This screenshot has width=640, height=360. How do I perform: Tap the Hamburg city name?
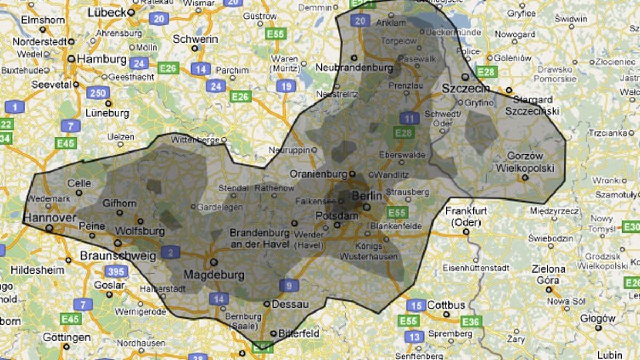[101, 59]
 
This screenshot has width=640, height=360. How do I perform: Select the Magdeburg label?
[213, 275]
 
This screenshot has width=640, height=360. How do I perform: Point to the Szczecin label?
[466, 88]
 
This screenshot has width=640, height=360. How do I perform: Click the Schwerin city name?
[195, 39]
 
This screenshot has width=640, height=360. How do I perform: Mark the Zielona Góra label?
[548, 274]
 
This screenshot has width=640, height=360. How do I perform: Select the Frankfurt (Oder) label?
[467, 216]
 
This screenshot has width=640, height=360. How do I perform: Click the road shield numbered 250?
[99, 93]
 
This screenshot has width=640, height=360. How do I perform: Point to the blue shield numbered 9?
[289, 285]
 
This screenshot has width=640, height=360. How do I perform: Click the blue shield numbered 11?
[409, 119]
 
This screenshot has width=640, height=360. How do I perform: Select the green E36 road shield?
[470, 322]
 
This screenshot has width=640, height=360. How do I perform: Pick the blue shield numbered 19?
[287, 86]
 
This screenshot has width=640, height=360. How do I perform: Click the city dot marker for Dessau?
[267, 304]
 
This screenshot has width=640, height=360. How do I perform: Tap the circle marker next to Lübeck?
[131, 12]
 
